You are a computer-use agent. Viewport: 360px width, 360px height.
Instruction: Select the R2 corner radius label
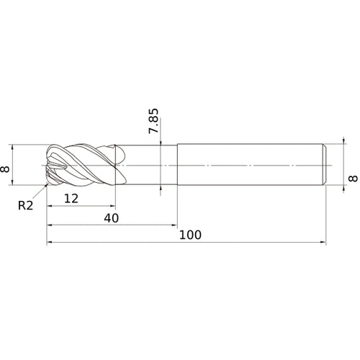pos(25,206)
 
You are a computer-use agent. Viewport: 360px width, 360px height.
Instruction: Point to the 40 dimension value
pos(110,217)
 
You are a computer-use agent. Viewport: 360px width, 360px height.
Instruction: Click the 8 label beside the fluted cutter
pos(7,167)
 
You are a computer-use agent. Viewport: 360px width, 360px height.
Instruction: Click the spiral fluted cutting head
pos(83,166)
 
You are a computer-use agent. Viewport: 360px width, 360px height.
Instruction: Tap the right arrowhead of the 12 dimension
pos(113,206)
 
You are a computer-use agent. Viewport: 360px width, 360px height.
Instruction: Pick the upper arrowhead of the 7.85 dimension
pos(161,143)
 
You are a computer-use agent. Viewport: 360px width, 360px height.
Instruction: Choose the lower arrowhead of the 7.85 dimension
pos(161,191)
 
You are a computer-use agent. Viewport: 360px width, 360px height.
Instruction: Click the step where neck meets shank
pos(177,166)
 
